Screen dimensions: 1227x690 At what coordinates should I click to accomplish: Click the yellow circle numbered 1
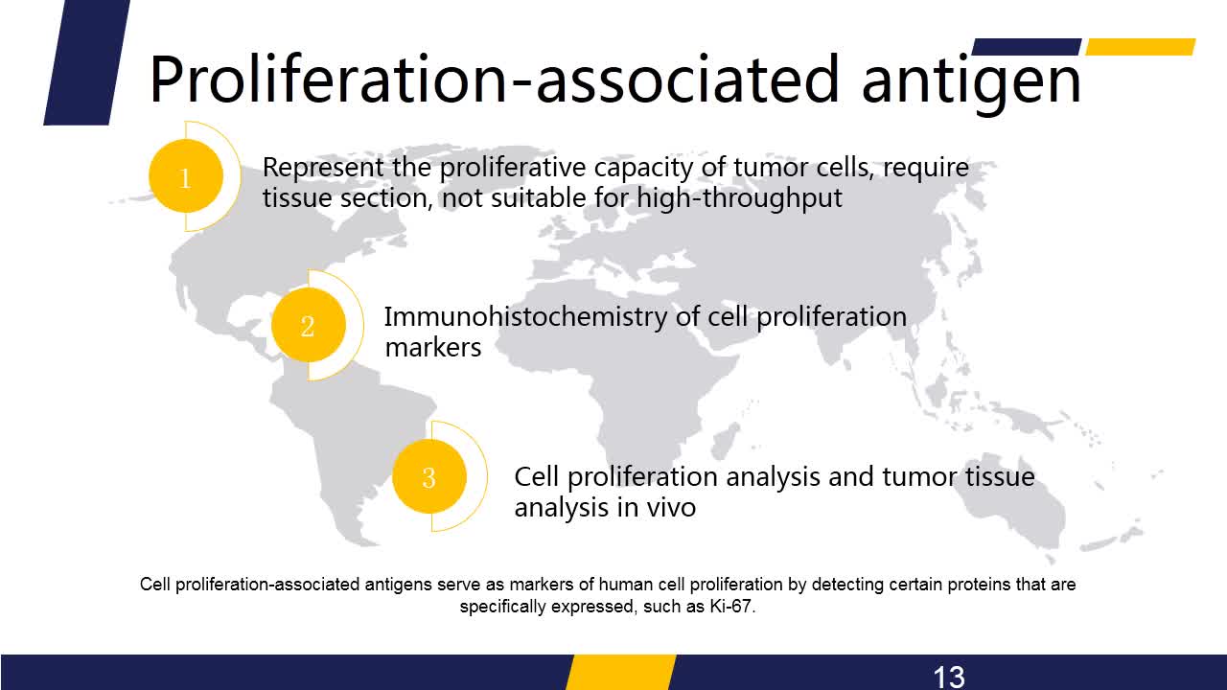(x=186, y=175)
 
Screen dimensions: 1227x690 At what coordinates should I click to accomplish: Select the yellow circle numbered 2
(x=309, y=325)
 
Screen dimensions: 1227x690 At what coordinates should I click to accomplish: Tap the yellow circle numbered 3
(x=429, y=476)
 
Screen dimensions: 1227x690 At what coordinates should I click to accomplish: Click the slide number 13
(x=949, y=677)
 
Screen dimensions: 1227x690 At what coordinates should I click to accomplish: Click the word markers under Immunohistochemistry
(x=432, y=347)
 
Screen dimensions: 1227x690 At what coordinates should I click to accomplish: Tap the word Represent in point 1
(x=323, y=167)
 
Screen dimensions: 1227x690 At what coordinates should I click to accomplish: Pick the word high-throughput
(x=739, y=198)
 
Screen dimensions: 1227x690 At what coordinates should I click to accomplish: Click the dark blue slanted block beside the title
(x=87, y=62)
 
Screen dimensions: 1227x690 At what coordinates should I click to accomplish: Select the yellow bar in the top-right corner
(x=1141, y=47)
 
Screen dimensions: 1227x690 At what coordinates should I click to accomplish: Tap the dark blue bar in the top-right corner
(x=1027, y=47)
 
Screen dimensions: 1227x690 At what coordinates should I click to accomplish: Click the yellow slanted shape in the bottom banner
(x=621, y=672)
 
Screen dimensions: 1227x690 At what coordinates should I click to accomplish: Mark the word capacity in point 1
(x=643, y=168)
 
